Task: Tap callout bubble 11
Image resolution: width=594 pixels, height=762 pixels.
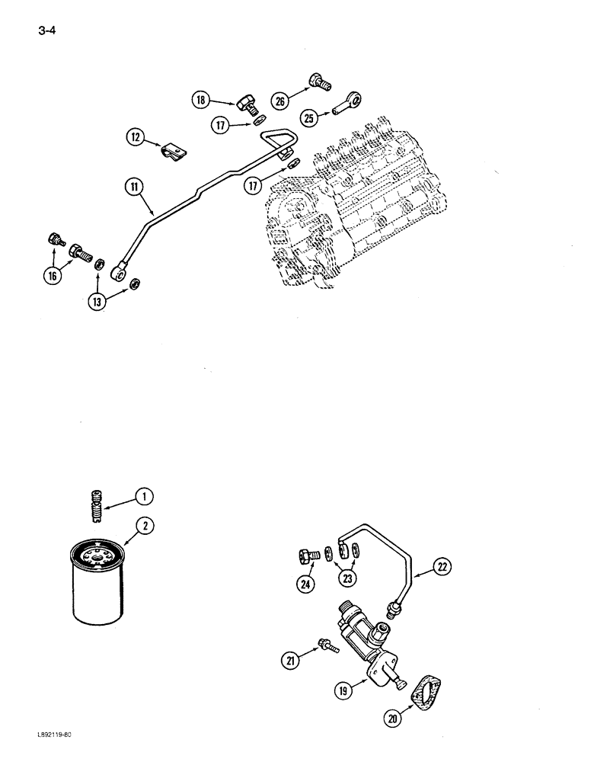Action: pyautogui.click(x=135, y=184)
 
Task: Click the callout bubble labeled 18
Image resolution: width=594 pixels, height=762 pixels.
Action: pyautogui.click(x=200, y=100)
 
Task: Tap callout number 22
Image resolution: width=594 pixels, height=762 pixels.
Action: pyautogui.click(x=444, y=565)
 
